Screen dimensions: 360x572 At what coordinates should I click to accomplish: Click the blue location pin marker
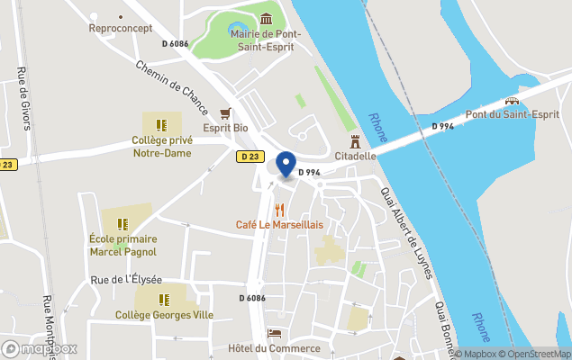[x=286, y=165]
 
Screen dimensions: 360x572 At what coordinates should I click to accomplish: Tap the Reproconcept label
[x=120, y=28]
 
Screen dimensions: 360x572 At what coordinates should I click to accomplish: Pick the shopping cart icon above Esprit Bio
[x=225, y=113]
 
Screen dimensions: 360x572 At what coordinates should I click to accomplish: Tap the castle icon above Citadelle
[x=355, y=141]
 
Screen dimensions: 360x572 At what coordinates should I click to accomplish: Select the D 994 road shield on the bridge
[x=441, y=127]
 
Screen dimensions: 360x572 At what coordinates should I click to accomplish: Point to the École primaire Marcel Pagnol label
[x=123, y=245]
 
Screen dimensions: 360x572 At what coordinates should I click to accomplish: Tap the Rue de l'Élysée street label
[x=126, y=280]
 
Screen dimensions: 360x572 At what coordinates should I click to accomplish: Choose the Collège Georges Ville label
[x=164, y=315]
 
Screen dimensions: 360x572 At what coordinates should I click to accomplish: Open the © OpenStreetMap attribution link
[x=535, y=354]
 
